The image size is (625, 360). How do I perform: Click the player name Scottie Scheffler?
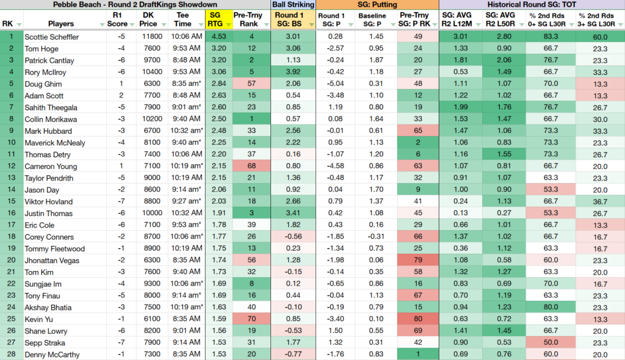click(x=51, y=37)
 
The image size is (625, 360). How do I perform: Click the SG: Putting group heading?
click(x=377, y=5)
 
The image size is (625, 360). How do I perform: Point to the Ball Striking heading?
click(x=293, y=5)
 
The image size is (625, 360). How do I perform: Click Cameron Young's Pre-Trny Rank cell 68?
click(x=251, y=166)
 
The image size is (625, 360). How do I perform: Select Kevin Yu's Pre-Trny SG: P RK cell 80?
click(x=417, y=319)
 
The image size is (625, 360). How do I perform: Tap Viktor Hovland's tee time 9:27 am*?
click(x=186, y=201)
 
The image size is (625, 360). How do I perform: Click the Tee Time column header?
click(x=182, y=20)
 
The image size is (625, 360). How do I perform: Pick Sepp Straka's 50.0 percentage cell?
click(x=551, y=342)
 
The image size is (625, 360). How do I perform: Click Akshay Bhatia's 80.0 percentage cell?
click(x=551, y=308)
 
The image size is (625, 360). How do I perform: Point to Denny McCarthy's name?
click(x=52, y=355)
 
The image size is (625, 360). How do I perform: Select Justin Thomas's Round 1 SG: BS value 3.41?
click(x=293, y=214)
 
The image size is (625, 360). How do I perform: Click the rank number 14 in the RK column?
click(x=11, y=190)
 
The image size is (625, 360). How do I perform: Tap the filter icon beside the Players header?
click(x=102, y=25)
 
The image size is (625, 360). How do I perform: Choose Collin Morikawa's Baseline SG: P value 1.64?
click(x=376, y=119)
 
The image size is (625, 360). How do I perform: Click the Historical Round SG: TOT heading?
click(x=532, y=5)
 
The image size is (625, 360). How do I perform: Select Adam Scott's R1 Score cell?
click(x=121, y=95)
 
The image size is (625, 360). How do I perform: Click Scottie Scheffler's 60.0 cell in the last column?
click(x=600, y=37)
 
